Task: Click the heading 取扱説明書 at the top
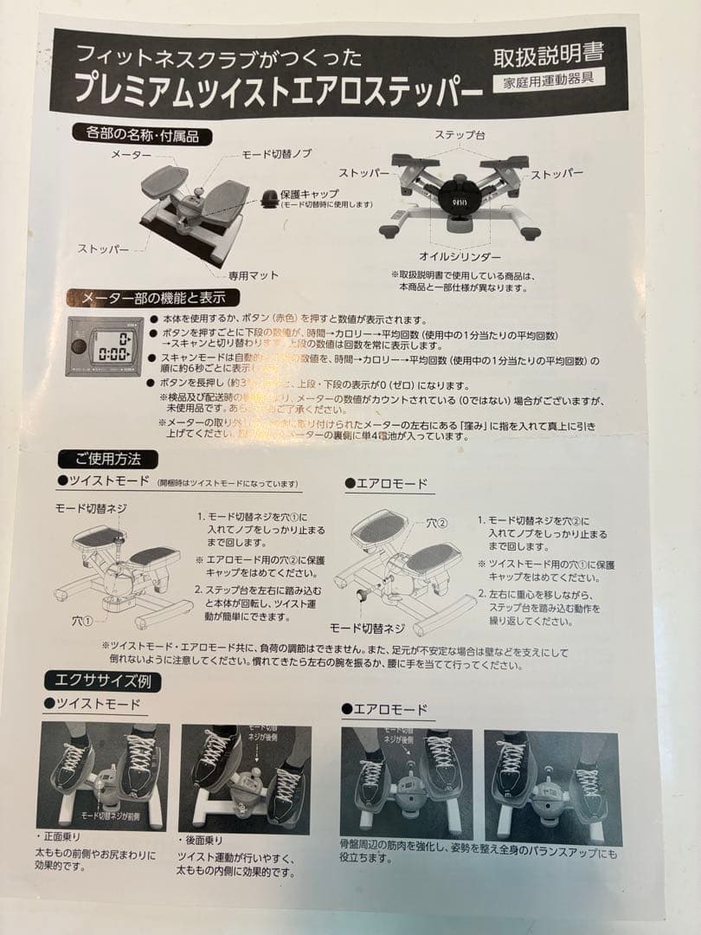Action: (x=548, y=56)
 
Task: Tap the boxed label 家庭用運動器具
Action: (x=549, y=83)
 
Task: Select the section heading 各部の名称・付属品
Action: (x=143, y=133)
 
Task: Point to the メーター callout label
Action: (x=130, y=153)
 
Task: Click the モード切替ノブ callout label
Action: (x=275, y=153)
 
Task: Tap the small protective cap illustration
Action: (x=271, y=198)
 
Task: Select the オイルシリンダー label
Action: (x=460, y=257)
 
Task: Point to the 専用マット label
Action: (x=254, y=274)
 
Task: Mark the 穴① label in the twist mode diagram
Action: (x=84, y=620)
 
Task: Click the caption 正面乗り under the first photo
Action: (x=63, y=839)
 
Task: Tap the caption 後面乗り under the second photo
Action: (x=204, y=840)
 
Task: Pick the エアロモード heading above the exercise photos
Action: (x=390, y=710)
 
